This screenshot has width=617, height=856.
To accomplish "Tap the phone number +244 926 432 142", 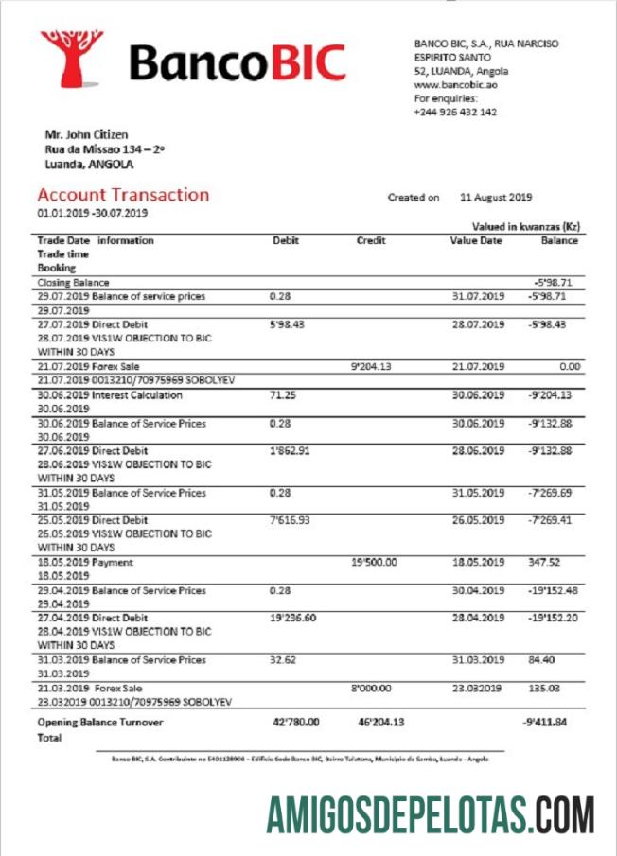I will [455, 112].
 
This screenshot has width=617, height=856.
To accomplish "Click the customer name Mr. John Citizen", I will [86, 134].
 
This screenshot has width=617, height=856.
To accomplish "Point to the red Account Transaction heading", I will [123, 195].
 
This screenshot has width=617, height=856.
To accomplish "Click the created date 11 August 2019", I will [496, 198].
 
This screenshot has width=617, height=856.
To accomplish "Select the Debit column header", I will [286, 240].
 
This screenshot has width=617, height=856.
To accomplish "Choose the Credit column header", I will [371, 240].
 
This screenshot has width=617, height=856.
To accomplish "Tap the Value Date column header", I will [476, 240].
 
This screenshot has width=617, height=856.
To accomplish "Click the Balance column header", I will [559, 240].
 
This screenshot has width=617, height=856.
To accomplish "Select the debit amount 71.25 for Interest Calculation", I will [283, 395].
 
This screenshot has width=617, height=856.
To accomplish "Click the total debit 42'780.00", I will [296, 723].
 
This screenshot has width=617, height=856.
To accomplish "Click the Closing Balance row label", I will [74, 283].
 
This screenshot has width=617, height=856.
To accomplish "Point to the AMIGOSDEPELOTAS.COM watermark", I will [431, 815].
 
